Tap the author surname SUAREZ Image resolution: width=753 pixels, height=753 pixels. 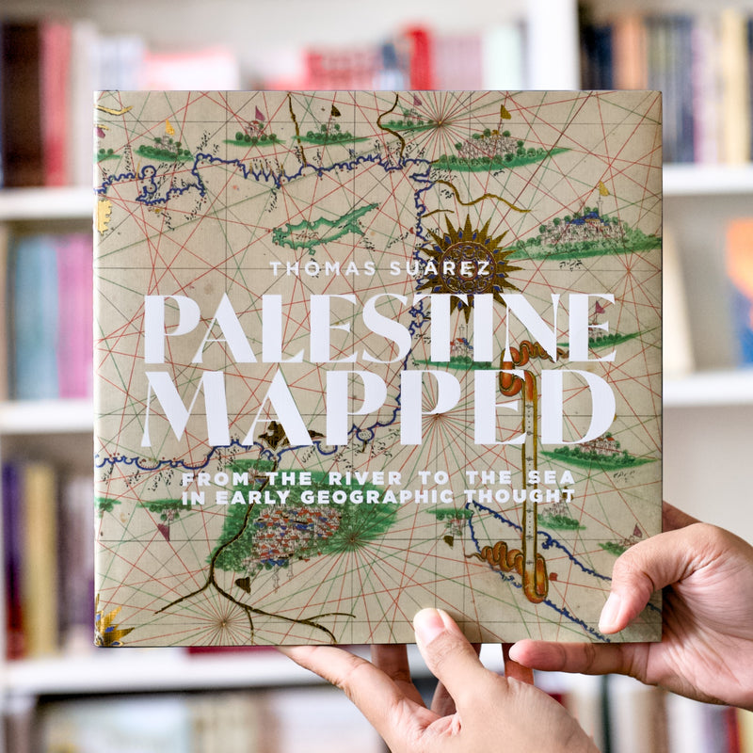click(441, 269)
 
